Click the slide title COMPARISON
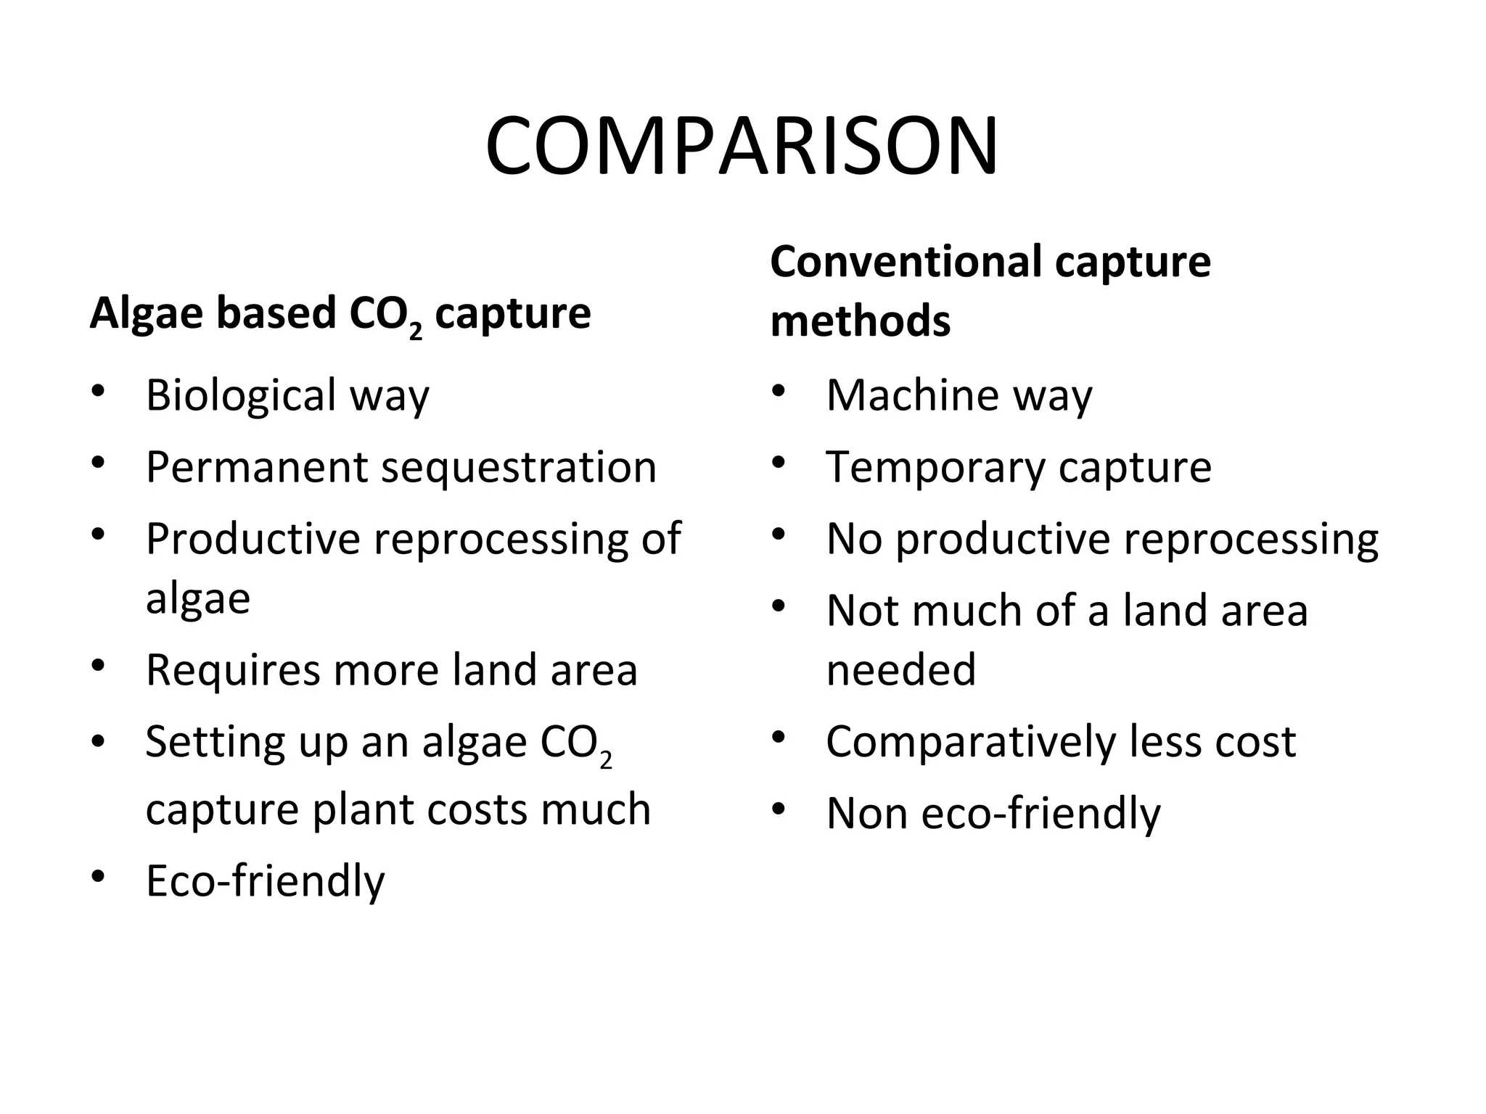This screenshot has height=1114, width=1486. [x=742, y=147]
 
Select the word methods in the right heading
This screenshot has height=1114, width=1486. [x=860, y=321]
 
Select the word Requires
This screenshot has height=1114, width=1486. [x=232, y=670]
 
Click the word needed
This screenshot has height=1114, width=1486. [x=900, y=669]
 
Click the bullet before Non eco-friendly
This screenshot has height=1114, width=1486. [x=779, y=808]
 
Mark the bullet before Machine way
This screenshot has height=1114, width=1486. [x=779, y=391]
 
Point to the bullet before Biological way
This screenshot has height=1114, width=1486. [x=99, y=391]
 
